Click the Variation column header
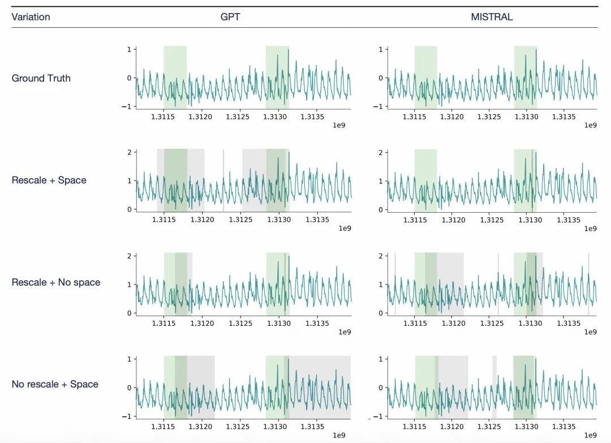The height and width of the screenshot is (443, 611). point(31,17)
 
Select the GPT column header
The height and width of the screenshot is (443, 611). point(230,17)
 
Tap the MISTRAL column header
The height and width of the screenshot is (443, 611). point(492,17)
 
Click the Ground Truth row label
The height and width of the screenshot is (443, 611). point(41,78)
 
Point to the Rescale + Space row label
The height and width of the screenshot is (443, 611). point(49,180)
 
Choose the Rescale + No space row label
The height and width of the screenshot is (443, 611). point(56,282)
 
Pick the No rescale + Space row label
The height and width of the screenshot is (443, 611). point(55,384)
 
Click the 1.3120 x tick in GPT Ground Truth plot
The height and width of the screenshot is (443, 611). point(200,117)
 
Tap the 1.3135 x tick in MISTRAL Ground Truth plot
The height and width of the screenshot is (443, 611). point(563,117)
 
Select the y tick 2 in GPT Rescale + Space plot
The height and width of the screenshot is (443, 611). point(129,152)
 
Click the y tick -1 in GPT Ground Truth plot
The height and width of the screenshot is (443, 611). point(127,106)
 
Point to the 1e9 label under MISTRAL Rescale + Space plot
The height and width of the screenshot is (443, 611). point(590,228)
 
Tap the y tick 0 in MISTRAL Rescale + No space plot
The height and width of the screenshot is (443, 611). point(380,313)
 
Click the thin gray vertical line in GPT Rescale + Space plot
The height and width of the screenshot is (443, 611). point(223,180)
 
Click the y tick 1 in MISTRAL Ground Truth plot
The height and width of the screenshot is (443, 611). point(380,49)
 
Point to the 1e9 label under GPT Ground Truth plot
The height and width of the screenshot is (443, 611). point(338,125)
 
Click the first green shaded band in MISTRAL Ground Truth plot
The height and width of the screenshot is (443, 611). point(425,77)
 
